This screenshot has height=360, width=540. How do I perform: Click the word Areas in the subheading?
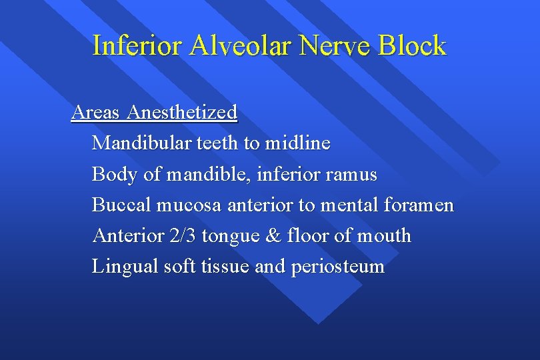pyautogui.click(x=96, y=112)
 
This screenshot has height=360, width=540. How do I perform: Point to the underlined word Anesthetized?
pyautogui.click(x=182, y=112)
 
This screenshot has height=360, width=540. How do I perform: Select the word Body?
pyautogui.click(x=115, y=175)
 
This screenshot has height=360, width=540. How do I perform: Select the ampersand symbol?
pyautogui.click(x=269, y=236)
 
